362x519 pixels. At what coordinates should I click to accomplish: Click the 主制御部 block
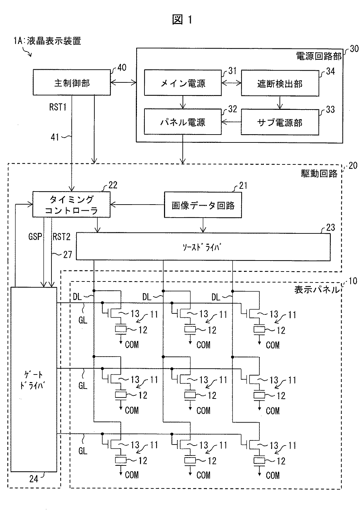72,82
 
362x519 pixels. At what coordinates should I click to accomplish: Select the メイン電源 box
183,83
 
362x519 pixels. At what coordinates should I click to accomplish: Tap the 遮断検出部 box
280,83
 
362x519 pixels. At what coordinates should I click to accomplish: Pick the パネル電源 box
183,122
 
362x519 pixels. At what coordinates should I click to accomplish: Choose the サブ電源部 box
280,122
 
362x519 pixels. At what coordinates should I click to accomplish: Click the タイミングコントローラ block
71,204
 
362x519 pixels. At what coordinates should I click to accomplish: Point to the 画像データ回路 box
203,205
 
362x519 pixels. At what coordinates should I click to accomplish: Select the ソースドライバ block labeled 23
203,247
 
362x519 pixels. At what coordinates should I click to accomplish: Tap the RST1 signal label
58,107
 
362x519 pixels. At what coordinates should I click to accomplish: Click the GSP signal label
35,237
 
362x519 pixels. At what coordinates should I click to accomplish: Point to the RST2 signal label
62,237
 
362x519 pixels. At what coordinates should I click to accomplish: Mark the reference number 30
354,49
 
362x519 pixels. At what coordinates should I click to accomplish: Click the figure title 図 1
183,19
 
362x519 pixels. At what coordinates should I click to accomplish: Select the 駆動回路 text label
319,174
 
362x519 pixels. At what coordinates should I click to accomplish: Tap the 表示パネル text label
317,290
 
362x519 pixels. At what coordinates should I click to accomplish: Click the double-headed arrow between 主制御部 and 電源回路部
123,82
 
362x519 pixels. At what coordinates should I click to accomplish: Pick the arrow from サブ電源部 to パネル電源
231,122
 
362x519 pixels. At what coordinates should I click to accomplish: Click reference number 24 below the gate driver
34,479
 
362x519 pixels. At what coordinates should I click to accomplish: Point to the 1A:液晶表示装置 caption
47,41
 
